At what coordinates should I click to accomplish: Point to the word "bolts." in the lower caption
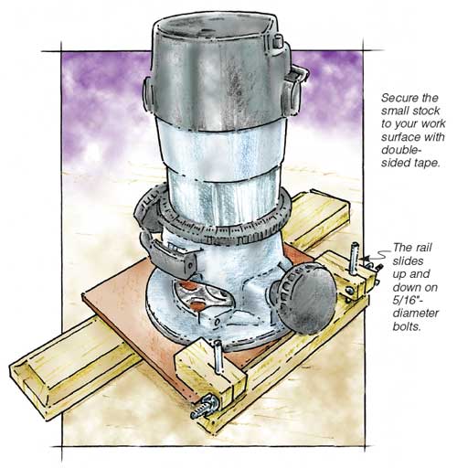point(407,326)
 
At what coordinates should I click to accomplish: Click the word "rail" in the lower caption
point(424,247)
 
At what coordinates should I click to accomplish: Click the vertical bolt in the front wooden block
point(218,356)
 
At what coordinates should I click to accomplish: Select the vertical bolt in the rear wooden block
point(354,258)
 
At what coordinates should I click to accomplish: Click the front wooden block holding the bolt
point(210,375)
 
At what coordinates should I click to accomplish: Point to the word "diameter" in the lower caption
point(416,314)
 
